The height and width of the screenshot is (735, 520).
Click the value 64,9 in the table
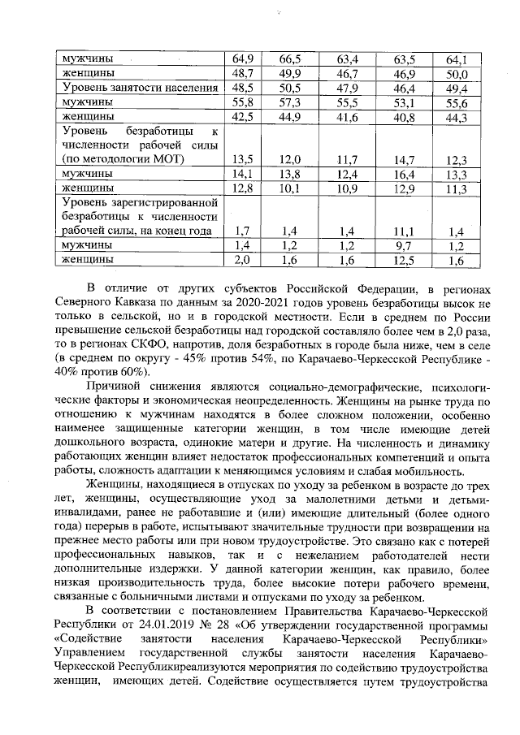[242, 59]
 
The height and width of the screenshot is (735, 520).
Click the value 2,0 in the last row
[242, 260]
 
